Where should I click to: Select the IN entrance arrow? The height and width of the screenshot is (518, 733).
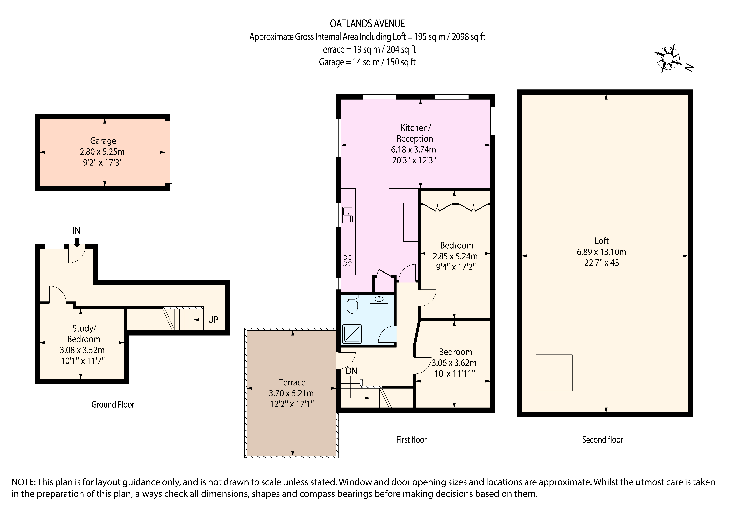point(77,243)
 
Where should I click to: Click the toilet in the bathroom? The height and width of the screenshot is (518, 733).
point(352,304)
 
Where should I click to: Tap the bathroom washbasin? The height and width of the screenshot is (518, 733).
point(379,299)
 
